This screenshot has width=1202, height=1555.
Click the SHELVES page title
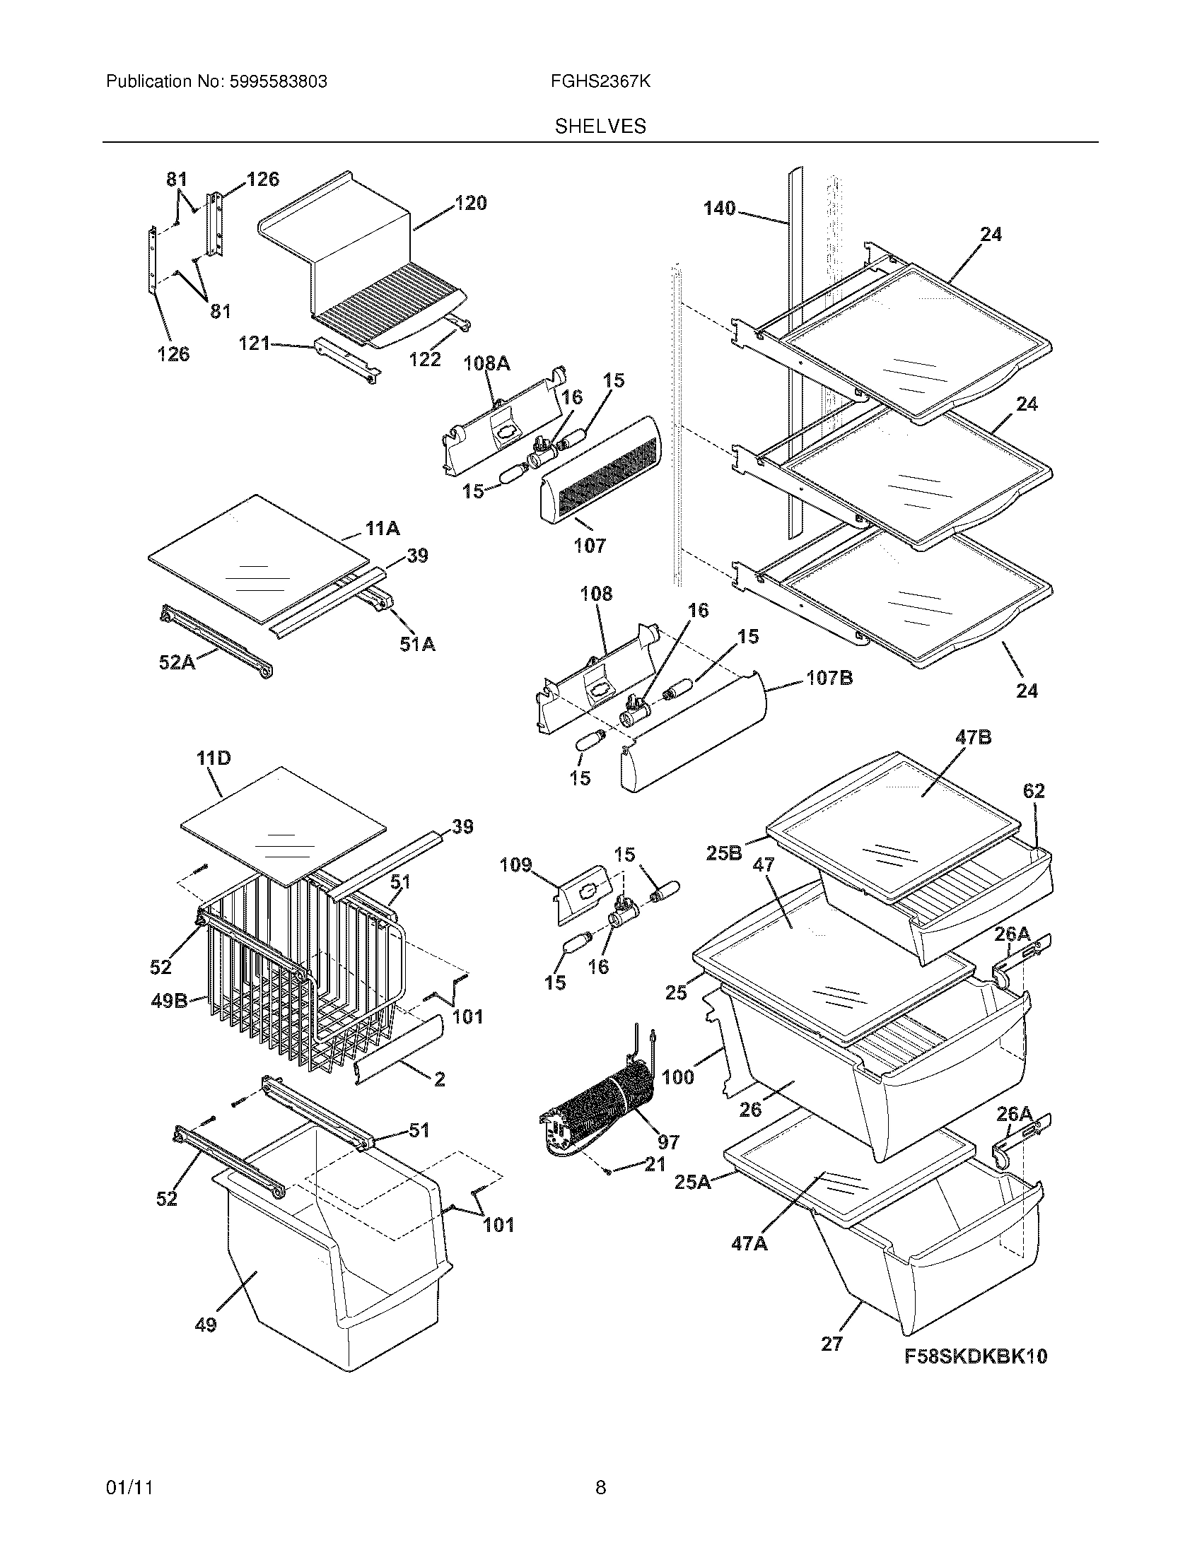[x=600, y=127]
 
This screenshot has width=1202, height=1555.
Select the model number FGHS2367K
[x=600, y=82]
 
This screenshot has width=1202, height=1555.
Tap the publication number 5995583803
[x=278, y=82]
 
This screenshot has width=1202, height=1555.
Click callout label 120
[x=471, y=204]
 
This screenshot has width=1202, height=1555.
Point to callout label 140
[x=719, y=209]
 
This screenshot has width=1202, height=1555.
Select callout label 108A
[x=486, y=364]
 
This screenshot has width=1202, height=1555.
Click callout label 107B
[x=829, y=678]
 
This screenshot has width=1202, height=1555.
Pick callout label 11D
[x=214, y=759]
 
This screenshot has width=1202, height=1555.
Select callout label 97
[x=668, y=1142]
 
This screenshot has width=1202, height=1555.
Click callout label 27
[x=832, y=1344]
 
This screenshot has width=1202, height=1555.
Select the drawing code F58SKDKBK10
[x=976, y=1356]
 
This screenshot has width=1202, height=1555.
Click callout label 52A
[x=177, y=663]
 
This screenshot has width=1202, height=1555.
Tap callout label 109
[x=515, y=865]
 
